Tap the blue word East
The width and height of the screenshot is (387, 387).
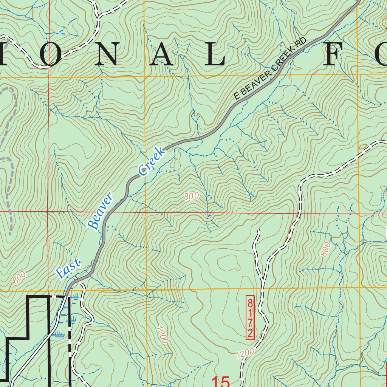68,269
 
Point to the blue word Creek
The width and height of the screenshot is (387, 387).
152,162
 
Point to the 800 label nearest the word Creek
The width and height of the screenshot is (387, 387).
192,196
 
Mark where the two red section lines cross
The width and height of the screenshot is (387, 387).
48,212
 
